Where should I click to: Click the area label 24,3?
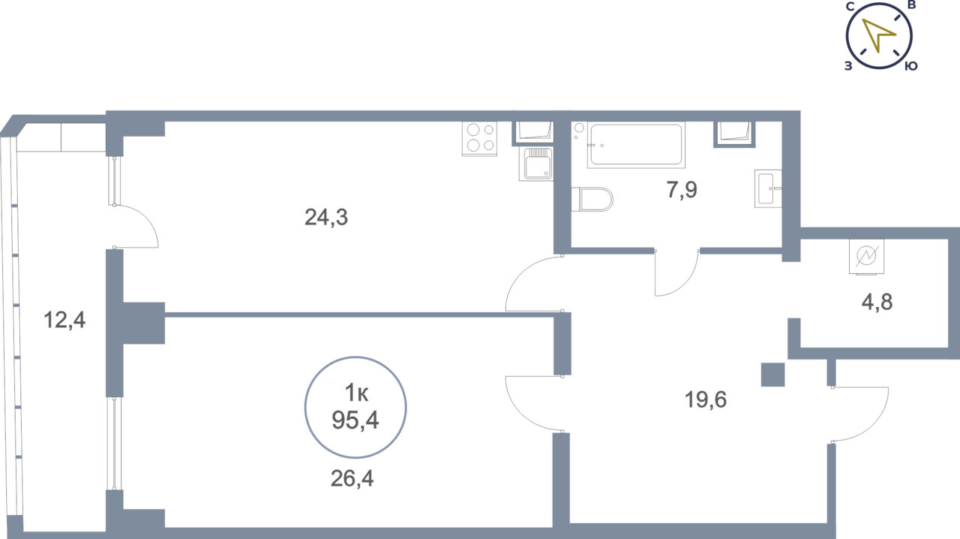(x=326, y=217)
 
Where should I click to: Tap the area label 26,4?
(x=352, y=478)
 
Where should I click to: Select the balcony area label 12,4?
(x=64, y=320)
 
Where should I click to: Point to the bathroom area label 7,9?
(x=682, y=190)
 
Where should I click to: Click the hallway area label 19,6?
(x=706, y=400)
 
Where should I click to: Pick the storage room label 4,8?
(x=877, y=302)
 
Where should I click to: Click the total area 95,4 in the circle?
(x=355, y=420)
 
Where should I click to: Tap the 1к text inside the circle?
(x=356, y=393)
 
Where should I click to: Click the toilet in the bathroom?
(x=592, y=199)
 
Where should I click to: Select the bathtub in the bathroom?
(x=636, y=145)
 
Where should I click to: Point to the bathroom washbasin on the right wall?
(x=768, y=189)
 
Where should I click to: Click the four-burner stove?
(x=479, y=139)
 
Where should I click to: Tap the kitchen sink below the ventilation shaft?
(x=535, y=164)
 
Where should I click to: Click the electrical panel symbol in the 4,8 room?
(x=866, y=256)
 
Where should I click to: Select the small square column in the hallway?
(x=772, y=375)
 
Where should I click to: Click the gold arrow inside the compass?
(x=878, y=35)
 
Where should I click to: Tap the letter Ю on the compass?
(x=910, y=66)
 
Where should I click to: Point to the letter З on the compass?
(x=848, y=66)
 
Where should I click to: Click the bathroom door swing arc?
(x=677, y=273)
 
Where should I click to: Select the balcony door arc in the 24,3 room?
(x=136, y=226)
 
